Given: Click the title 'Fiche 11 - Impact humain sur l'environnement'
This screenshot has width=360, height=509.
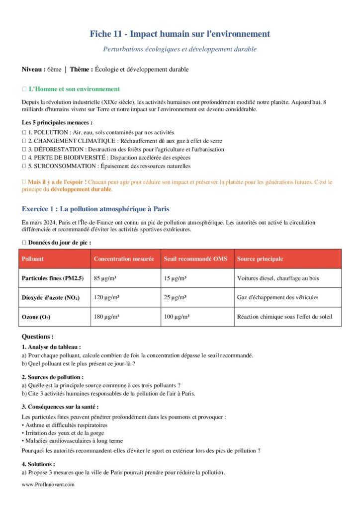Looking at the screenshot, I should (180, 34).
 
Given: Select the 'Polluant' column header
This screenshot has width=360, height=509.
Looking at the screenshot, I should (33, 259).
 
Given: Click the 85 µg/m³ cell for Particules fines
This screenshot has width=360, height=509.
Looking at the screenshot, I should (103, 278).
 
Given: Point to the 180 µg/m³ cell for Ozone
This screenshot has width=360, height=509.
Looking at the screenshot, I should (105, 317).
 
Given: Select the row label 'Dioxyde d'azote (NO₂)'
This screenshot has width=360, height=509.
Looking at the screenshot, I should (50, 297).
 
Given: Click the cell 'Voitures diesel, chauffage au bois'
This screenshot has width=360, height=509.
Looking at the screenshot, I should (278, 278).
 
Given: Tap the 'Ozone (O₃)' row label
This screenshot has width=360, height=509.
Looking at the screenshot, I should (36, 317).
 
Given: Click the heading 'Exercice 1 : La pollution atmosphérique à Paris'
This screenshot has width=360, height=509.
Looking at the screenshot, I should (98, 208).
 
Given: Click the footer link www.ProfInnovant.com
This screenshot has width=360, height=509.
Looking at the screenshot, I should (48, 484).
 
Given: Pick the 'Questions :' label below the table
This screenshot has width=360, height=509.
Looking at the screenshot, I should (38, 337).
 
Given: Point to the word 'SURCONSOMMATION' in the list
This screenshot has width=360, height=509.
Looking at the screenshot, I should (60, 166).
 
